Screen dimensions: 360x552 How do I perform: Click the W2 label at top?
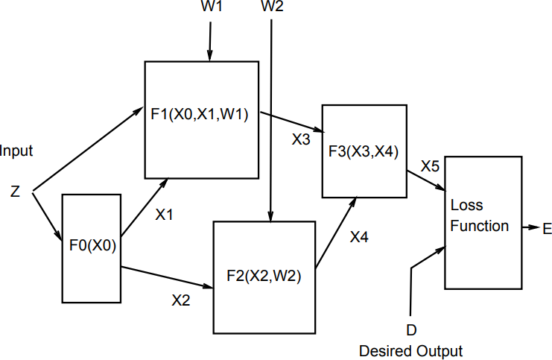(x=273, y=7)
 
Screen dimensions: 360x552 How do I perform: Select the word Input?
(x=16, y=151)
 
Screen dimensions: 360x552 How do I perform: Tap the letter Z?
(x=15, y=192)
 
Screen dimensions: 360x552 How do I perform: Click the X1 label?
(x=164, y=215)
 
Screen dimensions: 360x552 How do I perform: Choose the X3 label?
(x=302, y=139)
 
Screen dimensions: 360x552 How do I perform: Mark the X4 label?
(x=359, y=237)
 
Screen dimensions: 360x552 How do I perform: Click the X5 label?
(x=430, y=166)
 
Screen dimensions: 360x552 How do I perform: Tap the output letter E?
(x=547, y=230)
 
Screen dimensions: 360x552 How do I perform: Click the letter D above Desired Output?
(x=411, y=329)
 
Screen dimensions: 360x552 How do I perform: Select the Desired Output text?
(x=410, y=350)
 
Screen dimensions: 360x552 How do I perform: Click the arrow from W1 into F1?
(x=210, y=42)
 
